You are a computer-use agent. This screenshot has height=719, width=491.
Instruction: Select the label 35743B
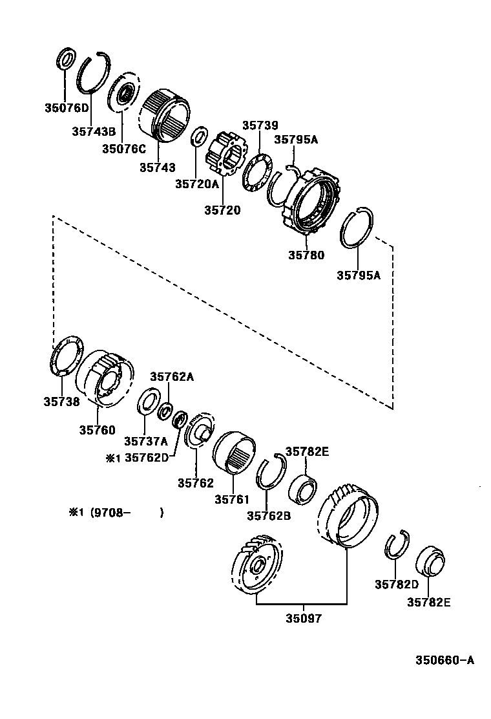point(93,131)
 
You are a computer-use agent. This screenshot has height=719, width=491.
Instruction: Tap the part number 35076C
point(123,149)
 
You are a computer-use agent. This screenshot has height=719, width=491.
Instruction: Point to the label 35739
point(260,125)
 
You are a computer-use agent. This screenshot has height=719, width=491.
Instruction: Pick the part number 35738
point(61,402)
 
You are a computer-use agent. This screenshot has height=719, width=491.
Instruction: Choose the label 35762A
point(172,376)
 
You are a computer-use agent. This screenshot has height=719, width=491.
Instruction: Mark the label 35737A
point(146,442)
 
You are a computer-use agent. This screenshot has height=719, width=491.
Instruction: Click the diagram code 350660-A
point(444,660)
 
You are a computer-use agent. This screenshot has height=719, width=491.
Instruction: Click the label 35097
point(304,617)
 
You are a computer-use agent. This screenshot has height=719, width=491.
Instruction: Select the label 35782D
point(397,585)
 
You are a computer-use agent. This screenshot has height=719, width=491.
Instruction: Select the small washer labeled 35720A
point(200,138)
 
